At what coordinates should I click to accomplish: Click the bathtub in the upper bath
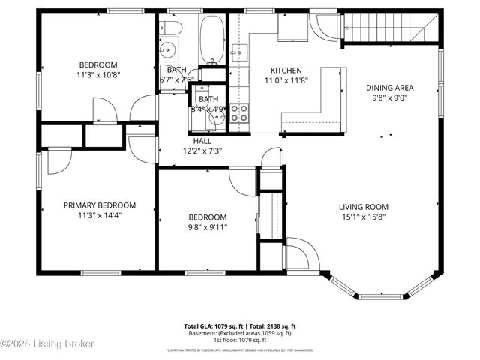tap(211, 38)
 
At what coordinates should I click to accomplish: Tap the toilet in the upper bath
tap(170, 29)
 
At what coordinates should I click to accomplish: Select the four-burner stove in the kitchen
tap(240, 112)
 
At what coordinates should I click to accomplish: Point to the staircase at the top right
tap(385, 31)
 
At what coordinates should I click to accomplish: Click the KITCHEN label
tap(286, 70)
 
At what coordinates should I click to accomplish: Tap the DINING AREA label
tap(389, 88)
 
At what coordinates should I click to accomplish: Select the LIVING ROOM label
tap(364, 208)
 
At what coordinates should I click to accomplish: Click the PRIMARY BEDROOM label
tap(99, 205)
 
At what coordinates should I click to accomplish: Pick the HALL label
tap(202, 140)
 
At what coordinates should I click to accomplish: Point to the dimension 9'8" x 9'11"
tap(207, 227)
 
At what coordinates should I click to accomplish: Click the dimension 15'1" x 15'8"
tap(364, 218)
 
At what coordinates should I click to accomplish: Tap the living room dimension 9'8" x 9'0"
tap(389, 97)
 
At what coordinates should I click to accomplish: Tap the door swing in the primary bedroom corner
tap(57, 161)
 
